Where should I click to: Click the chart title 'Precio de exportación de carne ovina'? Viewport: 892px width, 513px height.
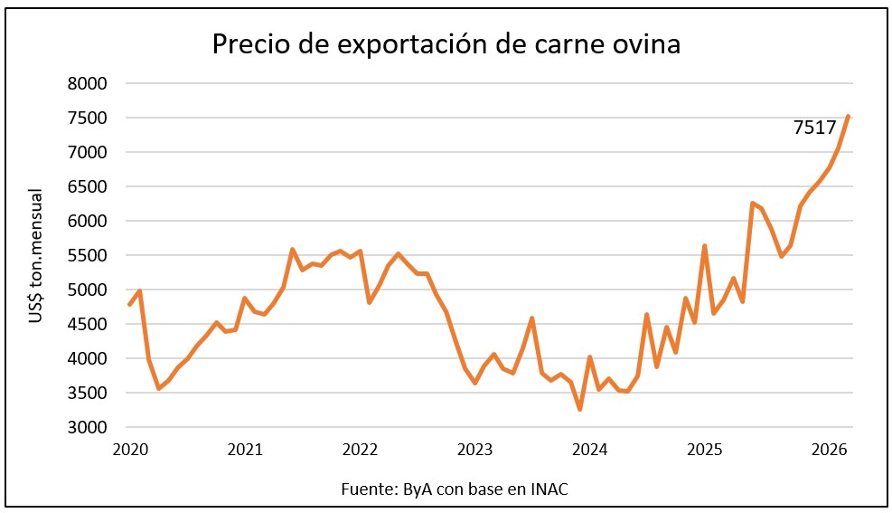point(446,43)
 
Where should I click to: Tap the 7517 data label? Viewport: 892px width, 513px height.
point(814,128)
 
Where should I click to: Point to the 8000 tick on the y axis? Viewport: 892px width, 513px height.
point(88,84)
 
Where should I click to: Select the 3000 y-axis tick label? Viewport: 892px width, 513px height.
point(88,428)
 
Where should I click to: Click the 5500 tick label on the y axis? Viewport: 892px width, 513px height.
point(88,256)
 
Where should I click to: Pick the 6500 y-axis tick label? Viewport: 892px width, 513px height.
point(88,187)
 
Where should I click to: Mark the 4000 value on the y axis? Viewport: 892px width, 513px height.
point(88,359)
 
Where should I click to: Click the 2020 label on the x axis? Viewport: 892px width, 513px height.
point(129,450)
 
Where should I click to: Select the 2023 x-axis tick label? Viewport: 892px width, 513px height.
point(474,450)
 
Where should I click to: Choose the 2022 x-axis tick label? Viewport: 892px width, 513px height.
point(360,450)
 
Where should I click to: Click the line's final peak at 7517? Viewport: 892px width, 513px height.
point(848,116)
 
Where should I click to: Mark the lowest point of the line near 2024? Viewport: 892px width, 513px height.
point(579,409)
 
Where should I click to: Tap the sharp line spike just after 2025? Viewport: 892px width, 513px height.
point(704,245)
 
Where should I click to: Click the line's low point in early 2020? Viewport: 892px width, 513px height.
point(158,388)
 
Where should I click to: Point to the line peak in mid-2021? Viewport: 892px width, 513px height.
point(293,249)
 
